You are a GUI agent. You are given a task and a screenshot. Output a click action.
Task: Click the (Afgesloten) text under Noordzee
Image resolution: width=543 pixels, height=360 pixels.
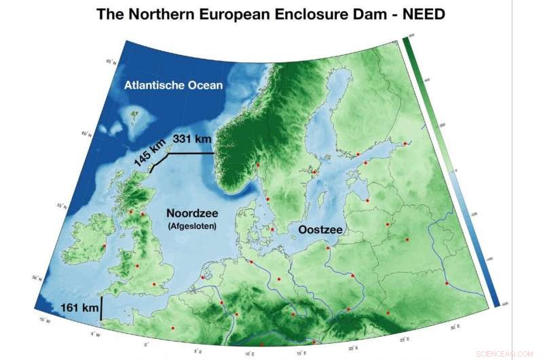point(191,227)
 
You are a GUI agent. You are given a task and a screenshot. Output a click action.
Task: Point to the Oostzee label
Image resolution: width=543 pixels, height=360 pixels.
point(318,231)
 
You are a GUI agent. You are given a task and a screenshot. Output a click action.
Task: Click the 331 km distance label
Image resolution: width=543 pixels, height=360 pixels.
point(193,139)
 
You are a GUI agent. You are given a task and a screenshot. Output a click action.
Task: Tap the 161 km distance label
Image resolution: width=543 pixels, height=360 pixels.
point(79,308)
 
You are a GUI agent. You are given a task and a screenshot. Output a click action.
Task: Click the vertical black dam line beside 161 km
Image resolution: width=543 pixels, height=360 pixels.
point(101,308)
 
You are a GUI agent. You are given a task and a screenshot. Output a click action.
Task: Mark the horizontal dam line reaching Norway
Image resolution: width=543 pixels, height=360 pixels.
point(192,154)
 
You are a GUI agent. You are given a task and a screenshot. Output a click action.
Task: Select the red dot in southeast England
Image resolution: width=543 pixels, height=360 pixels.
point(154,284)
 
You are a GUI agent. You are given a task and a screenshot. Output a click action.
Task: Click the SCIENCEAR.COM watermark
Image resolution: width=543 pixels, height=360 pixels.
point(506,354)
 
